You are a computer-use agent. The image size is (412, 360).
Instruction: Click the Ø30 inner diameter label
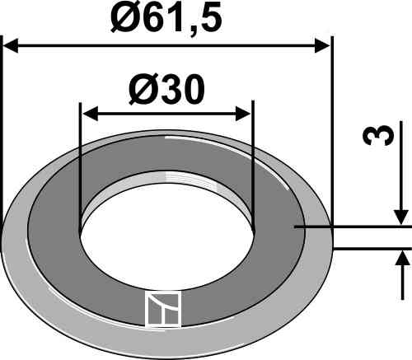coord(166,90)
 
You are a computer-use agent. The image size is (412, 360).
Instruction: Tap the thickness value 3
coord(378,135)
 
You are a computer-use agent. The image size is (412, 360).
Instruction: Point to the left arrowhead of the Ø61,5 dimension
coord(11,46)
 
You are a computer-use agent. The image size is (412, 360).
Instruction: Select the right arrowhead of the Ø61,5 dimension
coord(322,46)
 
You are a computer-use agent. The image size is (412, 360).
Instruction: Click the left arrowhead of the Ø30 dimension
coord(90,114)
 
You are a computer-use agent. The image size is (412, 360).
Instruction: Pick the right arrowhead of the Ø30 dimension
coord(243,114)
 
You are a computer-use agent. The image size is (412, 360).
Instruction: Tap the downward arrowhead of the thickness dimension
coord(401,217)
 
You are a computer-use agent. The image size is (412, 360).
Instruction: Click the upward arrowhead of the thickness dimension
coord(401,258)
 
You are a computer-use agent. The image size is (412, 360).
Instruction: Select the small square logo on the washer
coord(163,309)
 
